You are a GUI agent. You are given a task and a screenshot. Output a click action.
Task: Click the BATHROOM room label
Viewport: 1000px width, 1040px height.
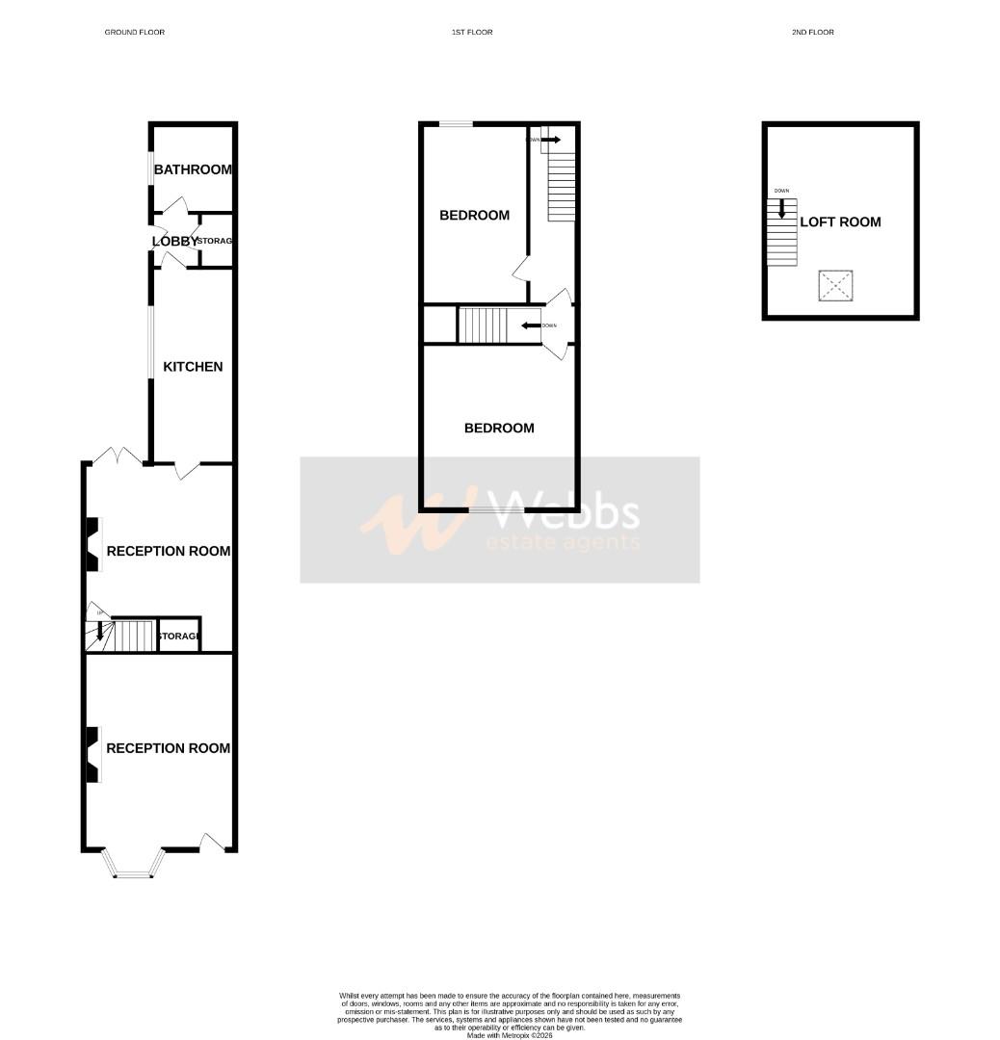coord(193,169)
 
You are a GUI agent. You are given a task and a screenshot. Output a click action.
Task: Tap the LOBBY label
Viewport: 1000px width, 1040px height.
coord(174,241)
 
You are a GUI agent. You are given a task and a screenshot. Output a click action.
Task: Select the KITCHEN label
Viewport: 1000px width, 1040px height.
coord(193,367)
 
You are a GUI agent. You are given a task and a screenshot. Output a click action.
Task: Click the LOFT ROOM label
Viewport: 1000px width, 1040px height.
coord(840,222)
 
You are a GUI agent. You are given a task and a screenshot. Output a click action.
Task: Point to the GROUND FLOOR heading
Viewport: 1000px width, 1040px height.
coord(134,33)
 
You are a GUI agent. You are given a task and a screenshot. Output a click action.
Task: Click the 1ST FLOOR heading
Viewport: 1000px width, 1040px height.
coord(472,33)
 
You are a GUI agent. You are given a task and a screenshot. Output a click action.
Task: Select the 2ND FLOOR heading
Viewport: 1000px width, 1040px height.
coord(812,33)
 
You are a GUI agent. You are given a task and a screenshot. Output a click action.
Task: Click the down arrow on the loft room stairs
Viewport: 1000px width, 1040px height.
coord(781,207)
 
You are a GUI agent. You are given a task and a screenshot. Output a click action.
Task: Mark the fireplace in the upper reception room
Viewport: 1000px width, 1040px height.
coord(92,545)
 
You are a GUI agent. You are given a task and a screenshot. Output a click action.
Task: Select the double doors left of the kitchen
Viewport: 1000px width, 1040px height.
coord(118,456)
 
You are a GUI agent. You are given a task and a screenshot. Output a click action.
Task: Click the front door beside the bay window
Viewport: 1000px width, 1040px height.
coord(214,843)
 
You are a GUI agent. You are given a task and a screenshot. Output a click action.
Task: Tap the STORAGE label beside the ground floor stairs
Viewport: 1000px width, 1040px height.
coord(179,637)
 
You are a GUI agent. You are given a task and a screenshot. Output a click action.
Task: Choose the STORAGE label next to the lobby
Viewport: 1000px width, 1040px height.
coord(216,241)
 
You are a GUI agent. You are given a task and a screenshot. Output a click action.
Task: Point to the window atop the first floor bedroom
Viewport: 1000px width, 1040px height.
coord(456,124)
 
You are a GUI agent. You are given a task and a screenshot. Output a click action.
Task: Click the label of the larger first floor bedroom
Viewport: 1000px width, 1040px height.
coord(499,429)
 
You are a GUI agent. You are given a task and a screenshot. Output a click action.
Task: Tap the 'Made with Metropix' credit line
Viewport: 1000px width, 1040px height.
coord(510,1035)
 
